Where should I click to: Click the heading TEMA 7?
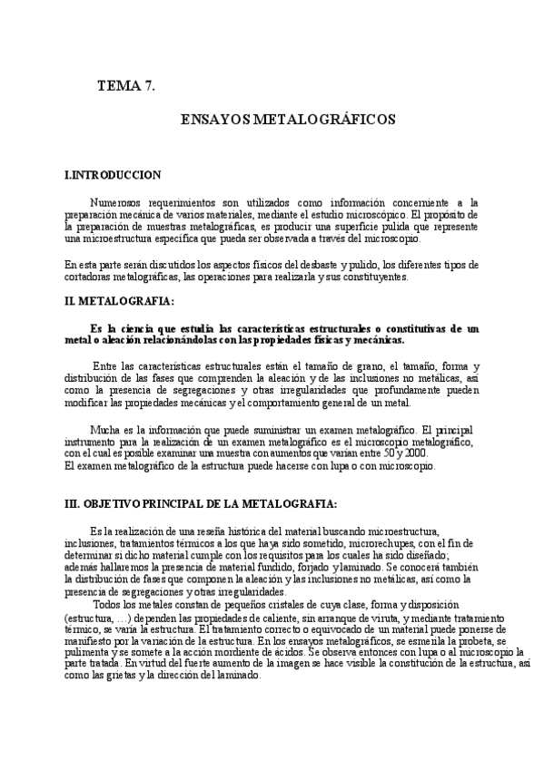coord(126,86)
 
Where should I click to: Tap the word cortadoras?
coord(87,277)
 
